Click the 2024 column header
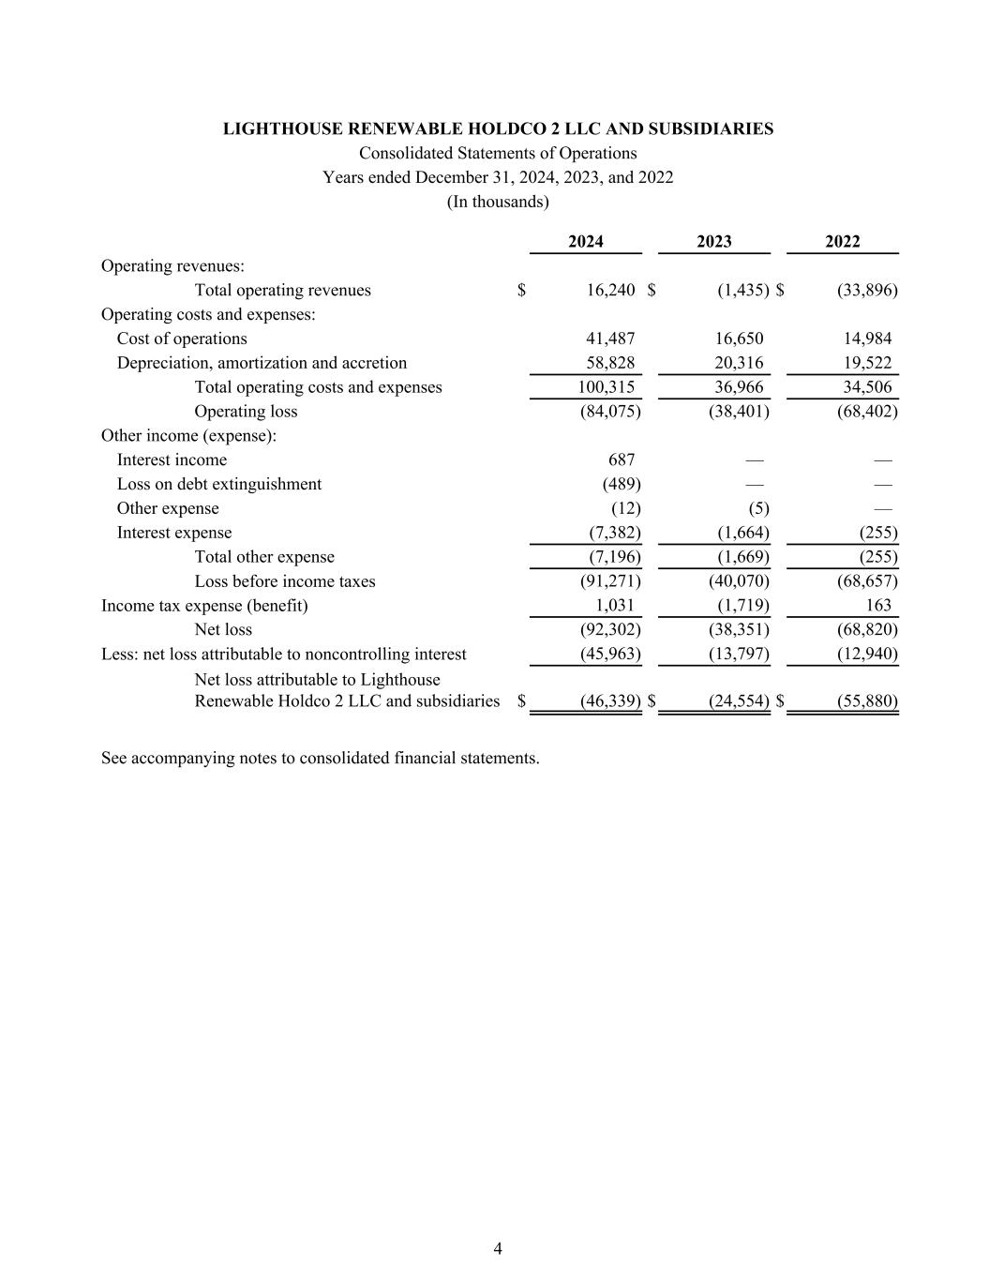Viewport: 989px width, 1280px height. pyautogui.click(x=586, y=242)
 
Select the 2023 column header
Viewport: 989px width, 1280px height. pyautogui.click(x=714, y=242)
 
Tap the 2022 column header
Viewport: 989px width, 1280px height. pyautogui.click(x=842, y=242)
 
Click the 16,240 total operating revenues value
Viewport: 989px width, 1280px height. pyautogui.click(x=610, y=291)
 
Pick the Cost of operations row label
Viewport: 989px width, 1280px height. pyautogui.click(x=182, y=339)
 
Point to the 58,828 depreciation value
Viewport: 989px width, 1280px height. pyautogui.click(x=610, y=363)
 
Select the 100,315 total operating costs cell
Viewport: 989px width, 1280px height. pyautogui.click(x=607, y=387)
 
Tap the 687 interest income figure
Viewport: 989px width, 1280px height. pyautogui.click(x=622, y=460)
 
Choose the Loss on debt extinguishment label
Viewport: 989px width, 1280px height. pyautogui.click(x=218, y=485)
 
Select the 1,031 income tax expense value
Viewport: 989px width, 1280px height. pyautogui.click(x=615, y=606)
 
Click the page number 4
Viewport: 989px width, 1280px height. pyautogui.click(x=498, y=1248)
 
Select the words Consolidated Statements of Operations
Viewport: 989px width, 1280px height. pyautogui.click(x=498, y=154)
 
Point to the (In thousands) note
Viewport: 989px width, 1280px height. pyautogui.click(x=498, y=202)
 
